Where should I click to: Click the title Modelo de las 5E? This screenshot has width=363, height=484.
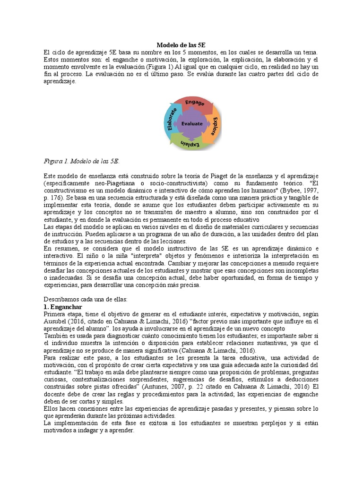coord(181,45)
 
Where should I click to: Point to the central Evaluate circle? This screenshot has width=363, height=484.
coord(192,124)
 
